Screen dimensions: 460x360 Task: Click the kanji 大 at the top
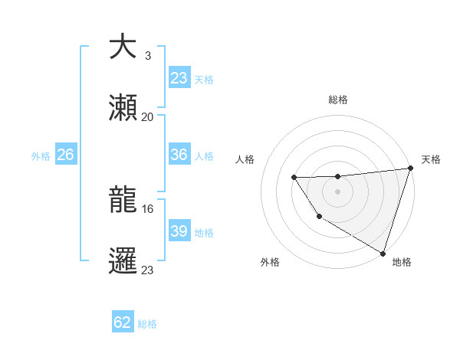[x=123, y=47]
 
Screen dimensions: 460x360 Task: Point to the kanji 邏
[x=123, y=260]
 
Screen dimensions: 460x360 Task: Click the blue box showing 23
[x=179, y=78]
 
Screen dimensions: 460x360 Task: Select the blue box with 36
[x=179, y=155]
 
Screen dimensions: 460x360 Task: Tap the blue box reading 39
[x=179, y=231]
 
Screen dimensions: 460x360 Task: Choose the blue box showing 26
[x=65, y=155]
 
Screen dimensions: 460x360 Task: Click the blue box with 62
[x=123, y=322]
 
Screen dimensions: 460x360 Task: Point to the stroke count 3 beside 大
[x=147, y=55]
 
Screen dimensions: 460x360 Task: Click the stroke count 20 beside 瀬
[x=147, y=116]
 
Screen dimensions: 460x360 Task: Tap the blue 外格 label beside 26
[x=41, y=155]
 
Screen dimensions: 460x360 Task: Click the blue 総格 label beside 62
[x=147, y=323]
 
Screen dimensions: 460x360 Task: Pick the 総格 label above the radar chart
[x=337, y=100]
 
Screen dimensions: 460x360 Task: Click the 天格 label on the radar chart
[x=431, y=159]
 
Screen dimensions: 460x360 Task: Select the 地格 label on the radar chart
[x=402, y=262]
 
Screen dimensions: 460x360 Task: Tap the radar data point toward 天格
[x=410, y=169]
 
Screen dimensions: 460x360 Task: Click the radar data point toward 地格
[x=383, y=253]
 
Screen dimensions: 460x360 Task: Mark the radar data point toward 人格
[x=294, y=178]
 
